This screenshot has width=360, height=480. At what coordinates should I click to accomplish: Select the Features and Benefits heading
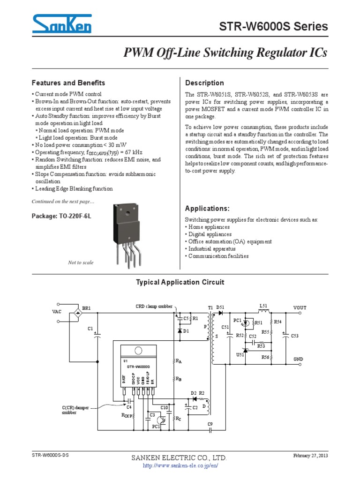(x=68, y=83)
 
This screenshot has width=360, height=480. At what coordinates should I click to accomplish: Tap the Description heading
(x=205, y=83)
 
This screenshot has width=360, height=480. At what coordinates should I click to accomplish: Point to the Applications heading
(x=208, y=208)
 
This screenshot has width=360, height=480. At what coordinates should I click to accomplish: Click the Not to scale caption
(x=81, y=262)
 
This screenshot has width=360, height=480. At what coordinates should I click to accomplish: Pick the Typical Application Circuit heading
(x=180, y=282)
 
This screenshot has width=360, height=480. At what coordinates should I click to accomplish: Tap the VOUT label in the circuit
(x=300, y=307)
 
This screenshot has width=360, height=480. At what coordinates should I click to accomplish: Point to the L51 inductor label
(x=263, y=306)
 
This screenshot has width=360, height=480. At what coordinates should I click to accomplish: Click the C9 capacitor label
(x=210, y=424)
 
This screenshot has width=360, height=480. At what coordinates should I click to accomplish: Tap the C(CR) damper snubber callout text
(x=75, y=410)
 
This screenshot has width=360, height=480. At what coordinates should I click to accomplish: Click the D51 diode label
(x=220, y=307)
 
